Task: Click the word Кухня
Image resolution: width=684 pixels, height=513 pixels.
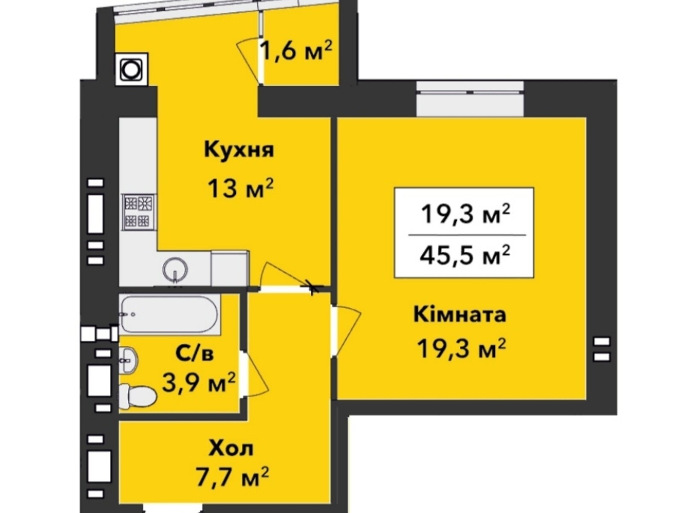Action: pos(239,150)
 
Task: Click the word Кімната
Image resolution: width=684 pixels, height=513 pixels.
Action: pos(460,315)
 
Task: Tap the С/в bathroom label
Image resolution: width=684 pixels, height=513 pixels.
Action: pos(195,354)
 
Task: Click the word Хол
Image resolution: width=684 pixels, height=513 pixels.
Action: pos(231,448)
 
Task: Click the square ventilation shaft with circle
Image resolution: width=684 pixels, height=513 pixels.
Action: pos(131,69)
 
